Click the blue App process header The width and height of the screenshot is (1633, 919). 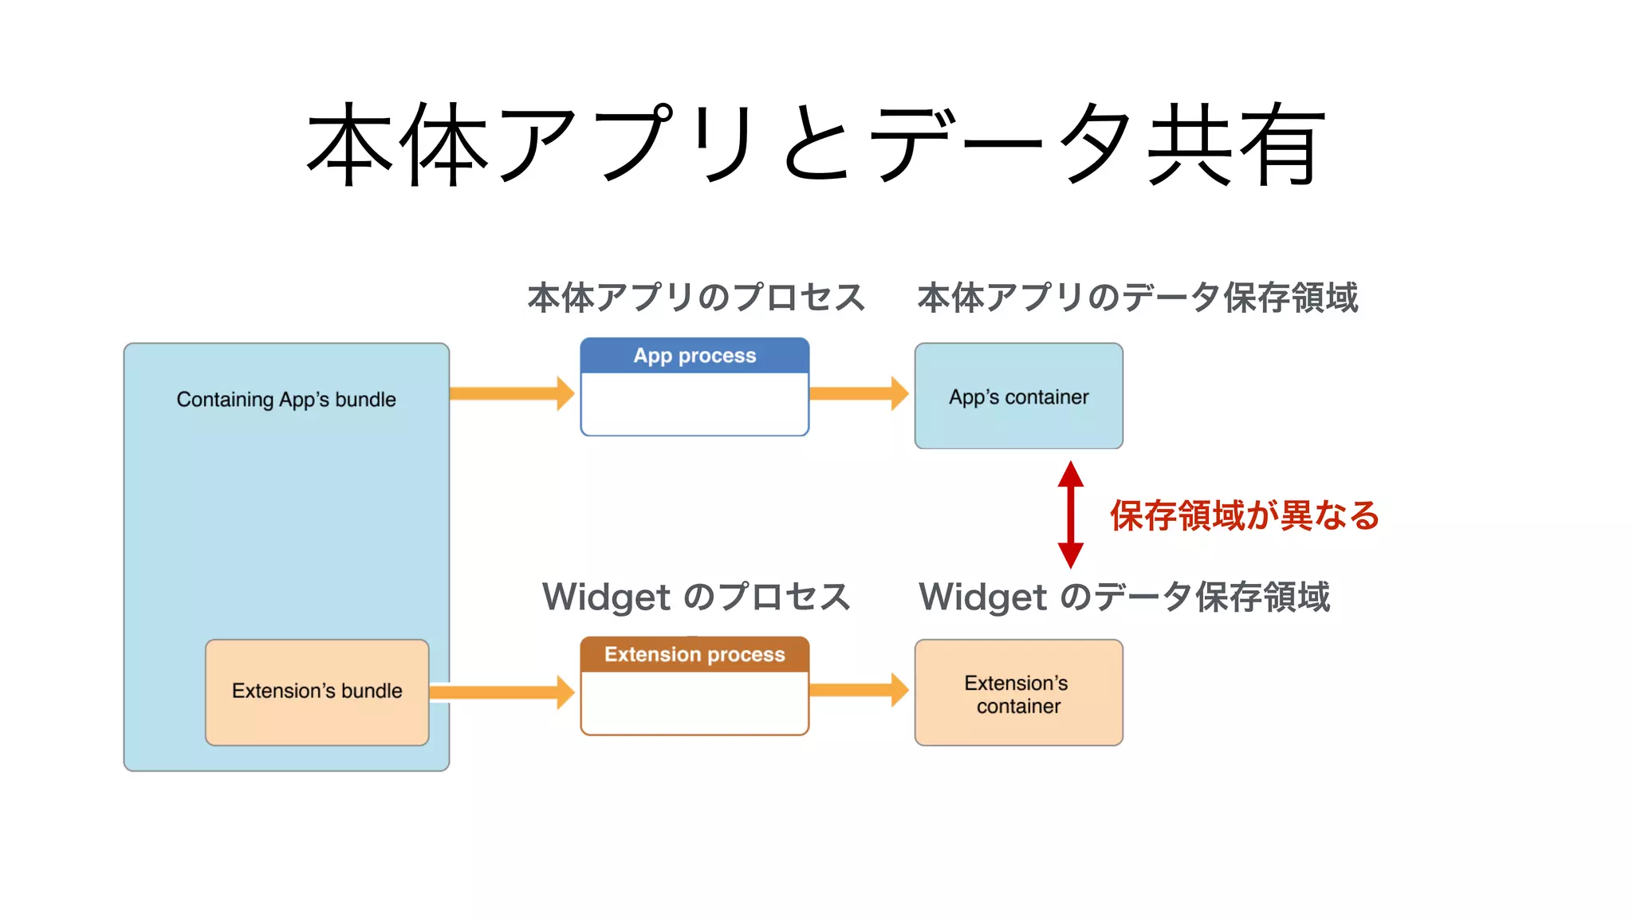pos(695,356)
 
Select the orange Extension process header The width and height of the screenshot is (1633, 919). pos(695,654)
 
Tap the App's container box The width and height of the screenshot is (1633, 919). pos(1018,396)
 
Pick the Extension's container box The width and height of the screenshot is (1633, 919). pos(1018,693)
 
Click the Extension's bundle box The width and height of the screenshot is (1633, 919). pos(317,691)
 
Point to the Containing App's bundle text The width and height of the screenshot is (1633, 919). pos(285,399)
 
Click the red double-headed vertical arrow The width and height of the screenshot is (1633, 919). pos(1070,515)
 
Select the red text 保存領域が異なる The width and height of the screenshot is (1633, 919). pos(1244,515)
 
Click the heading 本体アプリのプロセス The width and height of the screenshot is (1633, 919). pos(695,298)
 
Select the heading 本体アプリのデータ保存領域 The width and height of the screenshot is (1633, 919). pos(1137,298)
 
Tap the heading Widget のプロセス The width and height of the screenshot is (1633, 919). pos(695,597)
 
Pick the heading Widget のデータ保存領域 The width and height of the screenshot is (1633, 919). pos(1123,597)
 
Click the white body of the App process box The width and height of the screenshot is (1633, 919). pos(695,404)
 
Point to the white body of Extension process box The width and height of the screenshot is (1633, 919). pos(695,702)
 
